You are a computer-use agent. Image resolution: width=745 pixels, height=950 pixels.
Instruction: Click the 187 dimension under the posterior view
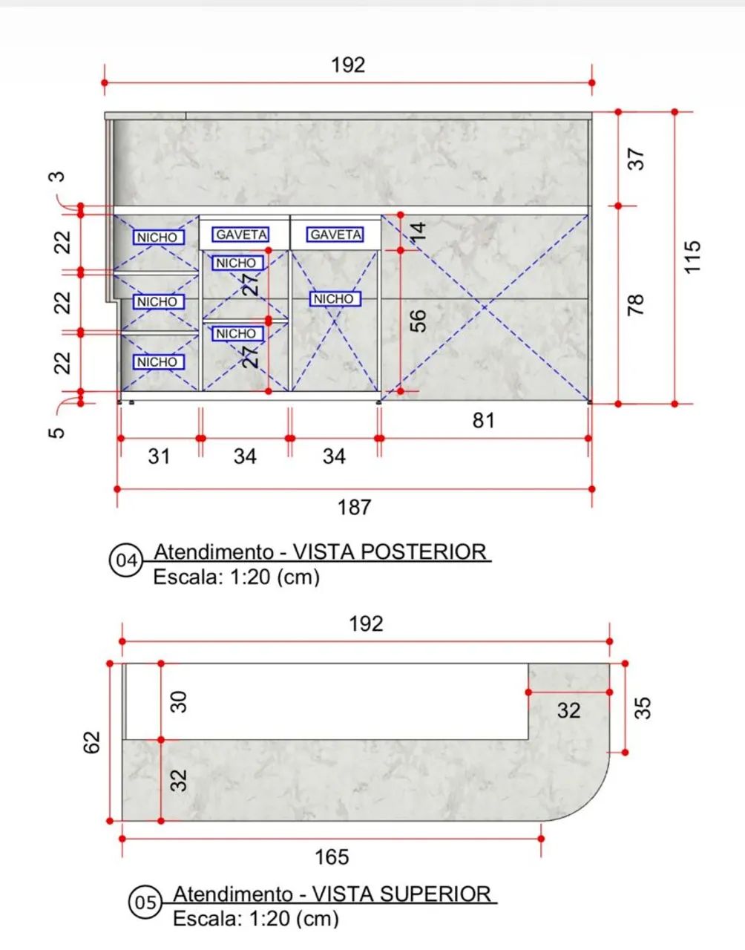(x=354, y=508)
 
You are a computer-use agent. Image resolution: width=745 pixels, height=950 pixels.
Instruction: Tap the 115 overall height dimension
(x=692, y=257)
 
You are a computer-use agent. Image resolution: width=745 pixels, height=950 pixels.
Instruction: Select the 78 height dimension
(x=636, y=305)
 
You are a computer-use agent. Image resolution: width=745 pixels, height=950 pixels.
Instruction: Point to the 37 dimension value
(x=636, y=159)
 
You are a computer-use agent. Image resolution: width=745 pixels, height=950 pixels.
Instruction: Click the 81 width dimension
(x=484, y=421)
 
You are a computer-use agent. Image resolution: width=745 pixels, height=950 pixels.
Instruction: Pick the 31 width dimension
(x=159, y=456)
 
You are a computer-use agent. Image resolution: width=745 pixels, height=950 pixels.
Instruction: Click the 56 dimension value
(x=419, y=321)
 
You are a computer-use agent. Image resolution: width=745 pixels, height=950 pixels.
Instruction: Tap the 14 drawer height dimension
(x=419, y=231)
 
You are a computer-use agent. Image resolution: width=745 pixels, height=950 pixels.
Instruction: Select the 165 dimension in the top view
(x=332, y=857)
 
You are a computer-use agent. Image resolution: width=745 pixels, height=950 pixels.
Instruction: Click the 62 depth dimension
(x=91, y=742)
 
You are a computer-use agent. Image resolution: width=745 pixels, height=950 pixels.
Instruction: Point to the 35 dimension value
(x=643, y=709)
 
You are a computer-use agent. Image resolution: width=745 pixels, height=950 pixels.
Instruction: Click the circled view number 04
(x=126, y=560)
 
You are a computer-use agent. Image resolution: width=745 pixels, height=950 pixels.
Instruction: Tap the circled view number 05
(x=145, y=902)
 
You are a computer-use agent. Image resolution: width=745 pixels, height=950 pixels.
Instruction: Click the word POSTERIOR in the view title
(x=424, y=551)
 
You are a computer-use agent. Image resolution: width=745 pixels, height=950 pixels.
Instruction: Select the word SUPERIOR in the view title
(x=436, y=894)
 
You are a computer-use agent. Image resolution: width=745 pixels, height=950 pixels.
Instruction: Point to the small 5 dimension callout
(x=57, y=433)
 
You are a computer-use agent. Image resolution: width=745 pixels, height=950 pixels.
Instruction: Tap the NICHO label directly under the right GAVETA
(x=335, y=299)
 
